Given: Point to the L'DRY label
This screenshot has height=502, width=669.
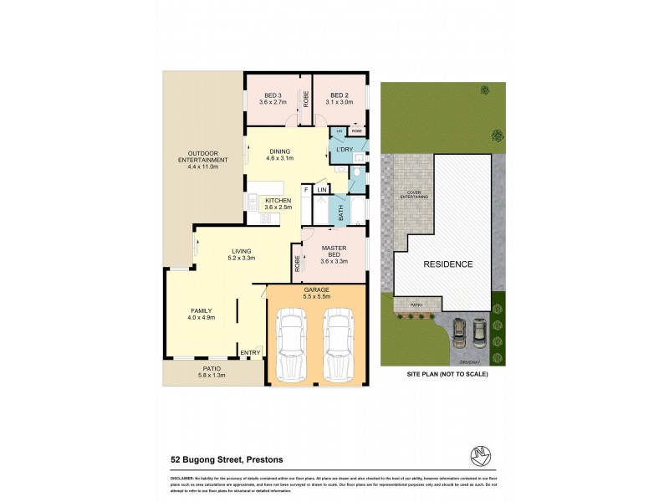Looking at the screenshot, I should pyautogui.click(x=344, y=150).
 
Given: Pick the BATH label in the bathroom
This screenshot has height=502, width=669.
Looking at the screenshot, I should pyautogui.click(x=340, y=213).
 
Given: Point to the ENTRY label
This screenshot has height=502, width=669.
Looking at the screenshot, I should pyautogui.click(x=250, y=353).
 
